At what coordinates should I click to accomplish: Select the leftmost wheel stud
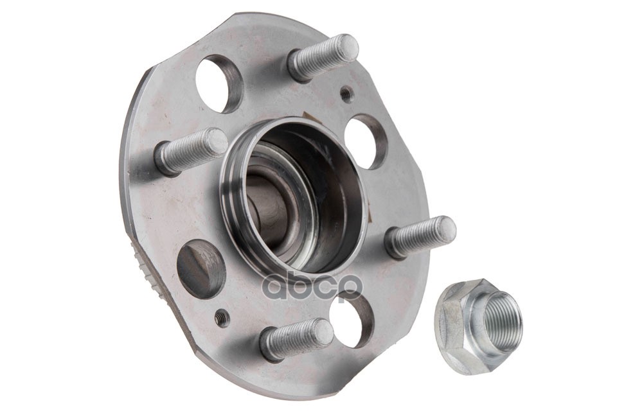coord(192,152)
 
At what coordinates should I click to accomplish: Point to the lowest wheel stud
coord(297,339)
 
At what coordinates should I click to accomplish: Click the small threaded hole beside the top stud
coord(346,94)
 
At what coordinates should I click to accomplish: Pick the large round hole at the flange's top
coord(219,83)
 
